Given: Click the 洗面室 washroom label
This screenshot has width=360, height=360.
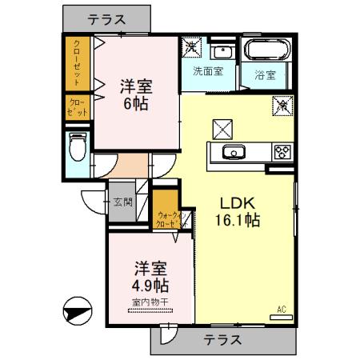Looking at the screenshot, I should (207, 70).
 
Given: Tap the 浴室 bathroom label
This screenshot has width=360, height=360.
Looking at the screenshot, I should (266, 76).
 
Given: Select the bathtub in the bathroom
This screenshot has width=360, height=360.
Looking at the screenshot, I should (268, 50).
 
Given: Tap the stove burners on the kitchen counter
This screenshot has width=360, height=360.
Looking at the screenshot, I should (282, 150).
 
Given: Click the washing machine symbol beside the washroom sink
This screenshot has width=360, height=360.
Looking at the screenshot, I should (192, 47).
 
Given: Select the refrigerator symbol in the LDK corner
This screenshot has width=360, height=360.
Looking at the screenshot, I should (282, 105).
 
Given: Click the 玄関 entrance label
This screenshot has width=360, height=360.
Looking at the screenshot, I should (122, 202).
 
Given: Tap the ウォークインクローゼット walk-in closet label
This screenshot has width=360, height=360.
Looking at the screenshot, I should (171, 218).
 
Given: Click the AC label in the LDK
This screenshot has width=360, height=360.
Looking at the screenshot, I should (281, 308).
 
